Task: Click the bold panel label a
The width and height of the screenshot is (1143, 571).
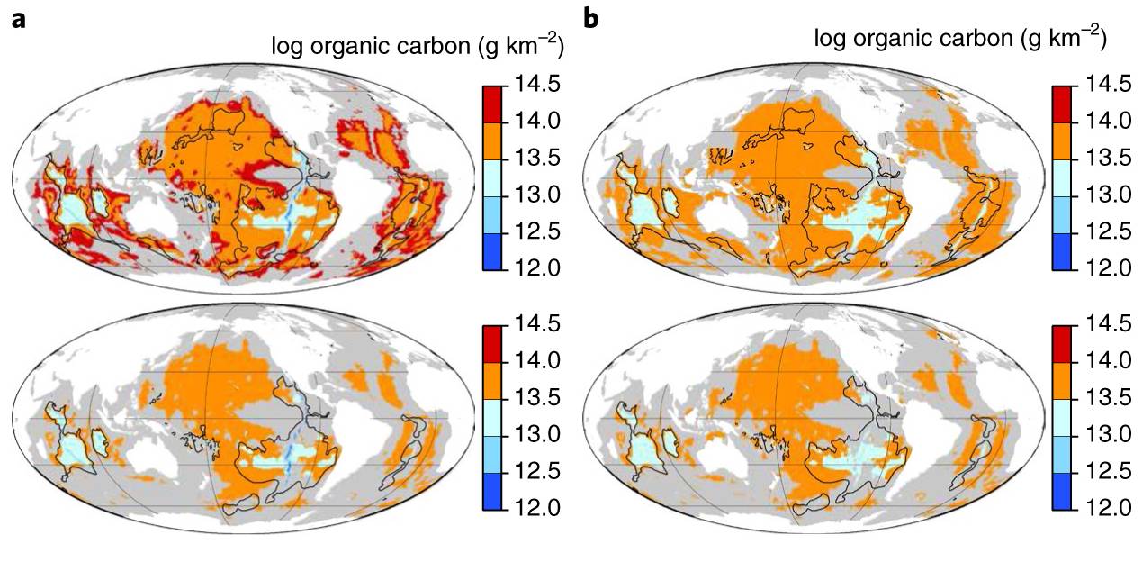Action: coord(18,19)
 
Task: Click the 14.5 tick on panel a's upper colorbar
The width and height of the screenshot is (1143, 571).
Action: coord(538,84)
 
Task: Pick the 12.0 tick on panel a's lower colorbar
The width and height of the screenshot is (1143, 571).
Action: coord(538,509)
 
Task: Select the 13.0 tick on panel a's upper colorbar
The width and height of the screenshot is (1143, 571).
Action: coord(538,195)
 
